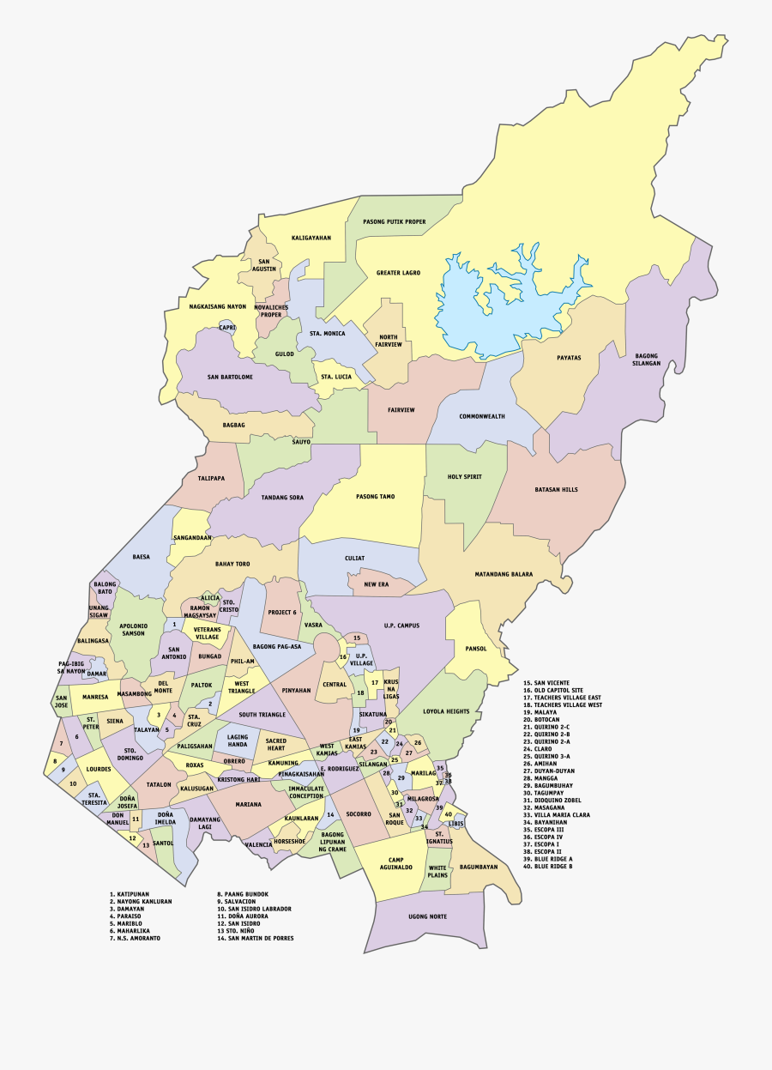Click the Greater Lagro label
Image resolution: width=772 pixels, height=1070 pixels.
click(x=398, y=273)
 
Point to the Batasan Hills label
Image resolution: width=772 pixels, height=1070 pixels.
click(x=556, y=489)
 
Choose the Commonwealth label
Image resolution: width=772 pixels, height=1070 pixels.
click(x=481, y=416)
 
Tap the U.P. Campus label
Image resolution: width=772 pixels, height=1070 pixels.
click(x=401, y=626)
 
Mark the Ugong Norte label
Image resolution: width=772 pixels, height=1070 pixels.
click(x=427, y=916)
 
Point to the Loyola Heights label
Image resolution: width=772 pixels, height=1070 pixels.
click(x=446, y=711)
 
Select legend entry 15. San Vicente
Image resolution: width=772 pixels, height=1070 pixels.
click(x=546, y=682)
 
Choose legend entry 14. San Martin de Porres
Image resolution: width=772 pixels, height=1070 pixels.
click(x=255, y=938)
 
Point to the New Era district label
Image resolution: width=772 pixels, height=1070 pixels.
click(x=376, y=584)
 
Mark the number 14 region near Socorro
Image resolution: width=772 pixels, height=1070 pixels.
click(x=329, y=813)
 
